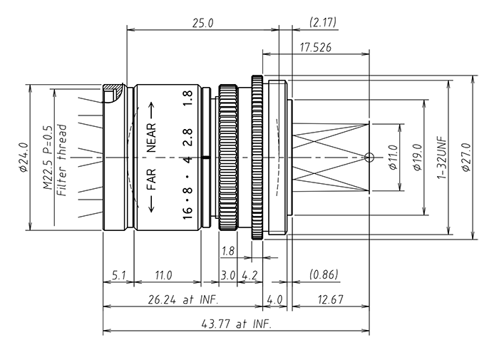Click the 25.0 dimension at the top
click(x=202, y=23)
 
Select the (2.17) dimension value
click(x=321, y=23)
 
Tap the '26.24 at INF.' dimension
click(x=184, y=300)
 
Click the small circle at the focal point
click(x=368, y=157)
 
